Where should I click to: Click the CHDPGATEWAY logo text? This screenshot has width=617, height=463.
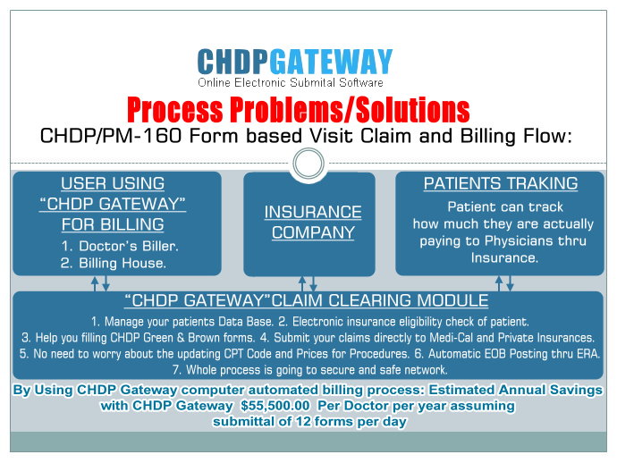click(295, 62)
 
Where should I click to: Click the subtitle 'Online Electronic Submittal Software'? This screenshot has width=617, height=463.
click(291, 82)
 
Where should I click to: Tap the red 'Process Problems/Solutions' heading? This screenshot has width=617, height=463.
click(299, 109)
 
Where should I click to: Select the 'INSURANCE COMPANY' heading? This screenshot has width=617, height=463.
click(313, 223)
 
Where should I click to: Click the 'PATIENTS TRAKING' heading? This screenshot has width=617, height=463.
click(501, 184)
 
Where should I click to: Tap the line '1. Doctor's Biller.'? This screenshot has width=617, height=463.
click(120, 247)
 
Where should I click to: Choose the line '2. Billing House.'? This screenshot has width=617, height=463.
click(114, 263)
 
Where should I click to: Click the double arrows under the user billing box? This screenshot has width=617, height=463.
click(100, 283)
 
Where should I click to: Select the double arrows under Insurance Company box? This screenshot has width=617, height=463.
click(308, 283)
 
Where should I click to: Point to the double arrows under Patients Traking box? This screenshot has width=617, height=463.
click(504, 283)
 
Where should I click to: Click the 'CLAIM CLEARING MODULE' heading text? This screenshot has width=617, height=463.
click(380, 300)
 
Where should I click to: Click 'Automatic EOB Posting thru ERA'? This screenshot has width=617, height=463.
click(512, 354)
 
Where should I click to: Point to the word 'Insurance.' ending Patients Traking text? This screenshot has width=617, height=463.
click(504, 257)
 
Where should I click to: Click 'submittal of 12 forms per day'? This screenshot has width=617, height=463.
click(309, 421)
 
